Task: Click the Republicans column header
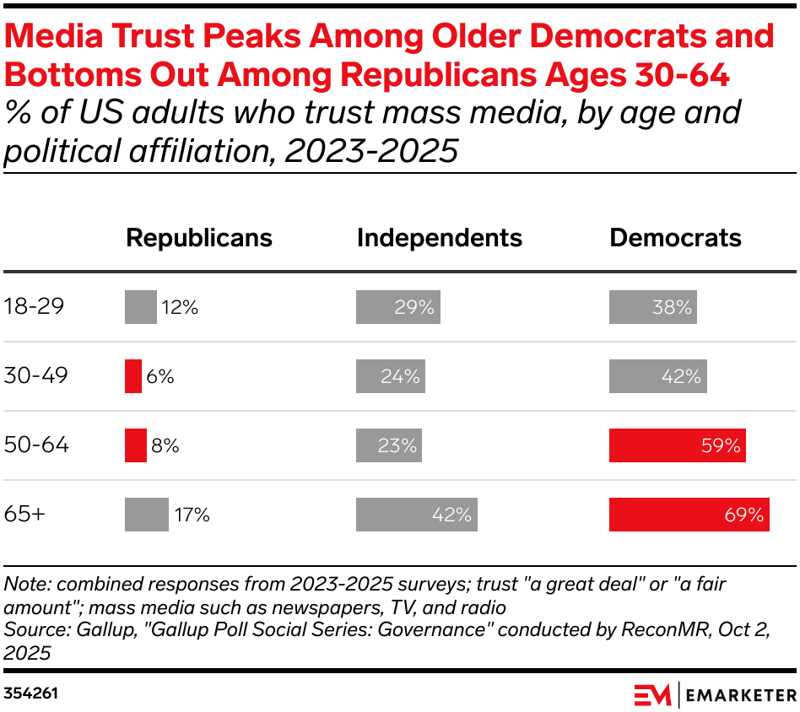point(199,238)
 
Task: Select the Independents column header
point(440,238)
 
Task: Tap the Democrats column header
point(675,238)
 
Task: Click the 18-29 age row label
point(34,307)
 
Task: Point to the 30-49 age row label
point(35,376)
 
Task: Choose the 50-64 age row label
point(35,445)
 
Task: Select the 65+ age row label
point(24,515)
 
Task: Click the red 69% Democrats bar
point(689,515)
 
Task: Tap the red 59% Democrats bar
point(677,445)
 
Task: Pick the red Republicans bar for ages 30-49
point(133,376)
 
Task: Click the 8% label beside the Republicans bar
point(165,445)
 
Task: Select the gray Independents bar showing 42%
point(416,515)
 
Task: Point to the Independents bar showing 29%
point(397,307)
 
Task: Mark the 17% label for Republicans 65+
point(192,515)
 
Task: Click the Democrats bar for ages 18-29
point(652,307)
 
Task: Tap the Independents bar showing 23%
point(388,445)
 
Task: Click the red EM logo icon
point(652,694)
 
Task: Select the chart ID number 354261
point(30,693)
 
